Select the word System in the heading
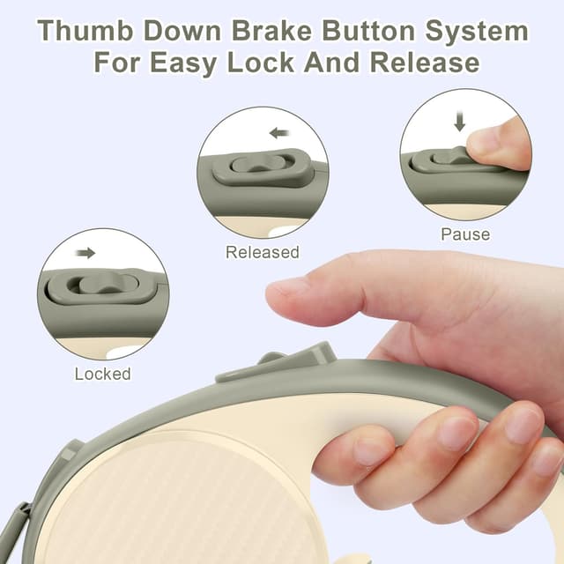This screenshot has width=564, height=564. tap(478, 32)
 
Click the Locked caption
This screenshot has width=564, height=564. tap(102, 374)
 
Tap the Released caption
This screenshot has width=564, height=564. tap(263, 253)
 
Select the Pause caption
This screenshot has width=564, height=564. tap(465, 235)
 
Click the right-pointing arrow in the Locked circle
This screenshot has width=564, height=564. tap(85, 253)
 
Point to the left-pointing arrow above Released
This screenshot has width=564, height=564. tap(280, 133)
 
